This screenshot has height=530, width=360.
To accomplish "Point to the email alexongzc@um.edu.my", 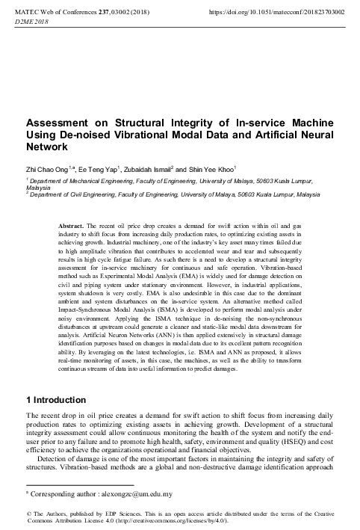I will (x=139, y=493).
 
